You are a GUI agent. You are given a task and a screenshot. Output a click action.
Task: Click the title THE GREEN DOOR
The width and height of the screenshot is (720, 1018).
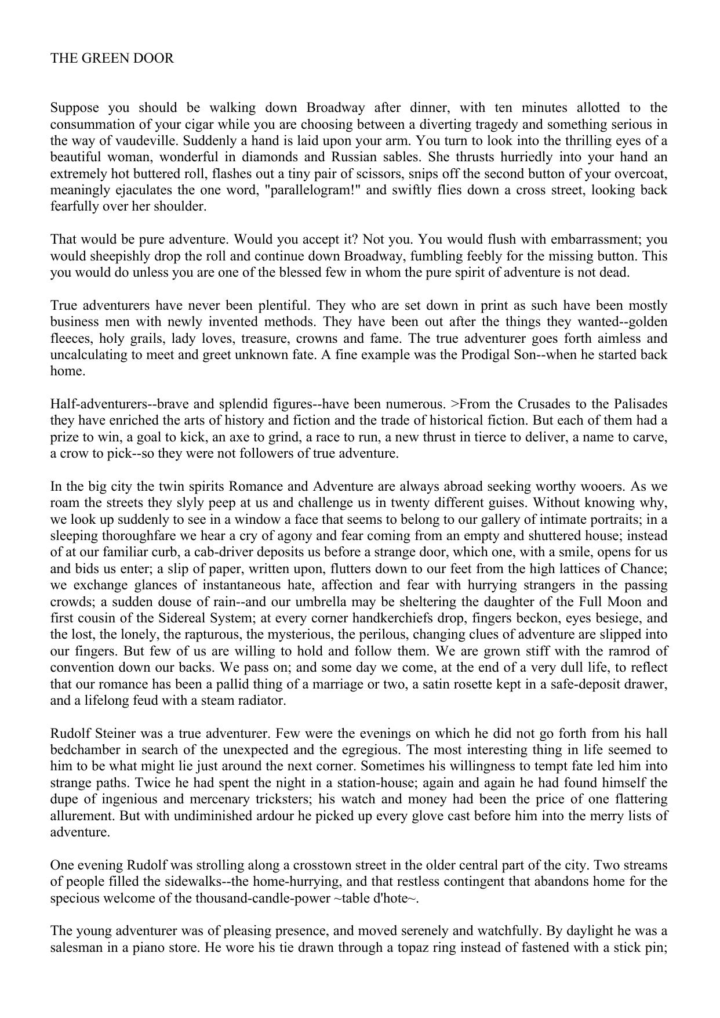click(x=112, y=59)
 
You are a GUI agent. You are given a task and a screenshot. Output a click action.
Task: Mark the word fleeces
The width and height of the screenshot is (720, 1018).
click(x=71, y=339)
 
